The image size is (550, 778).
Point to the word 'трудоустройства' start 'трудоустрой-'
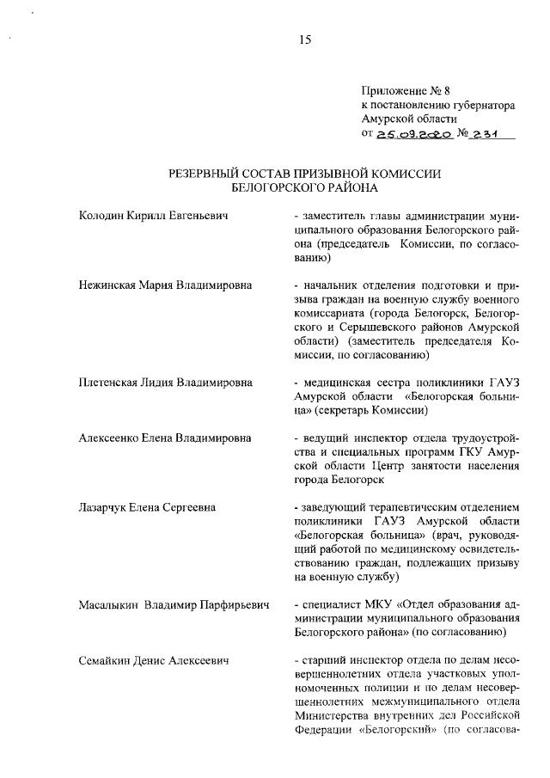click(479, 438)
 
